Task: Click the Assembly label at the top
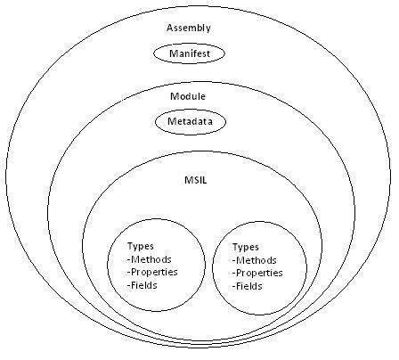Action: (189, 28)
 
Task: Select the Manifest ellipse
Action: (189, 45)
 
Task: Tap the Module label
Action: (188, 96)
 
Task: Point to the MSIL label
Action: (195, 180)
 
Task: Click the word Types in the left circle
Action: (141, 247)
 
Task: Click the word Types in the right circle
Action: (246, 248)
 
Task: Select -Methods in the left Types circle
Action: (150, 259)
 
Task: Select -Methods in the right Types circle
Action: (255, 260)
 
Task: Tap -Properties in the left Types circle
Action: (152, 272)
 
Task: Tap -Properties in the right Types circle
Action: (257, 273)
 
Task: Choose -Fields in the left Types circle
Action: (142, 285)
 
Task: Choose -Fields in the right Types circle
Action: (248, 286)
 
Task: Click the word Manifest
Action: (190, 53)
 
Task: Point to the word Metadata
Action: (190, 121)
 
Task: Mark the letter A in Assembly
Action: (170, 28)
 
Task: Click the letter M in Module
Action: (175, 96)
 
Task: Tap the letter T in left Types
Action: (130, 246)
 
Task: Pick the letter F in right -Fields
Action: (239, 286)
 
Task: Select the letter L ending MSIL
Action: (204, 180)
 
